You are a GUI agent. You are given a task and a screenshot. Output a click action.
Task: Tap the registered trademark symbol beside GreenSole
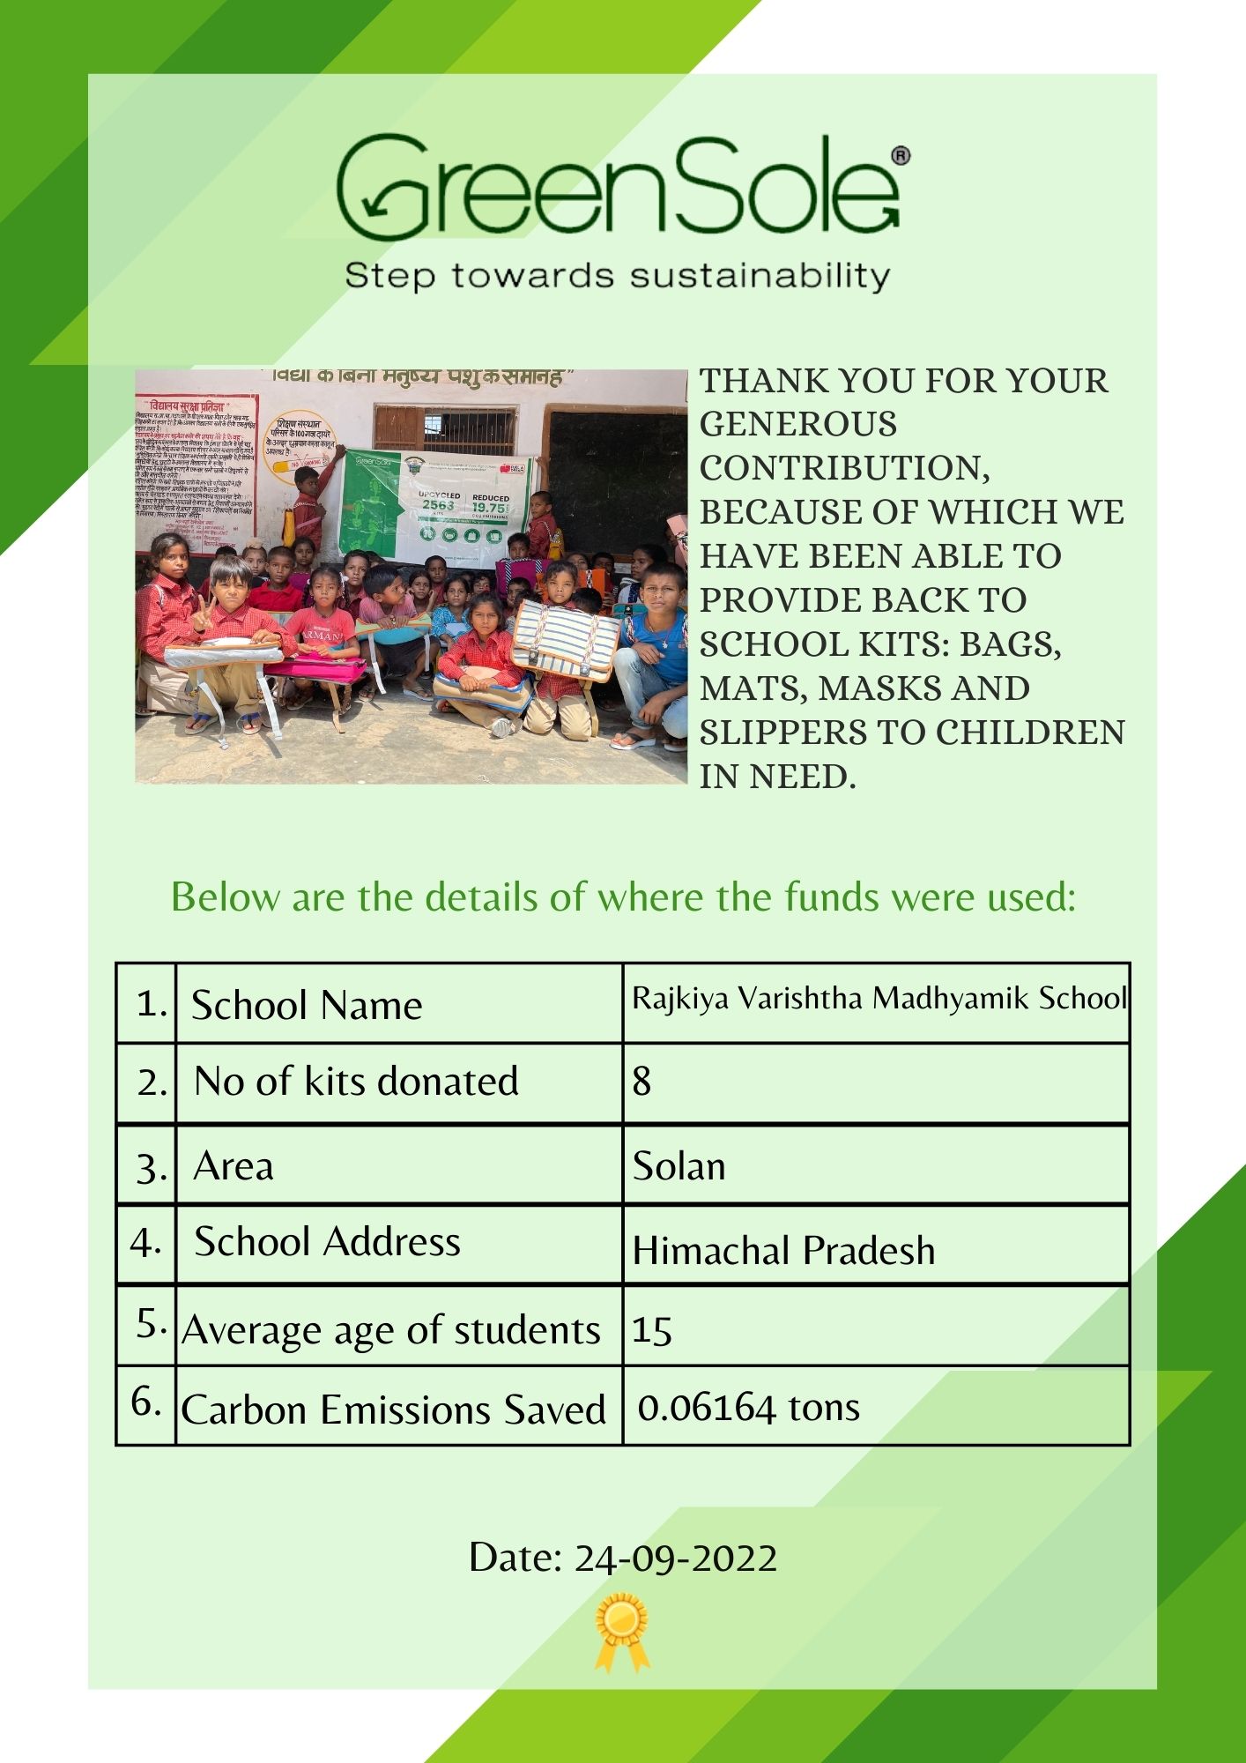[x=901, y=156]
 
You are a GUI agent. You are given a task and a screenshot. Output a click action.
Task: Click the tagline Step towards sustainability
[x=617, y=276]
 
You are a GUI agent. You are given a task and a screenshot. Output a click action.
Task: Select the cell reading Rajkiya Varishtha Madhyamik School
[x=879, y=999]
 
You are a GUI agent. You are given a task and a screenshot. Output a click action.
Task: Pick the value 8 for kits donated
[x=642, y=1082]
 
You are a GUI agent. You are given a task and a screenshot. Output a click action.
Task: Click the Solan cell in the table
[x=679, y=1166]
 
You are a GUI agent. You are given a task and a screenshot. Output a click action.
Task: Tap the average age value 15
[x=652, y=1330]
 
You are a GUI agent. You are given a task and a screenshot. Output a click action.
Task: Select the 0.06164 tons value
[x=748, y=1408]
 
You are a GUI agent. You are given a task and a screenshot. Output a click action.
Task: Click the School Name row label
[x=307, y=1006]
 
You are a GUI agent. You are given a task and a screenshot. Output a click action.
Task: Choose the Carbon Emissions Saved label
[x=393, y=1410]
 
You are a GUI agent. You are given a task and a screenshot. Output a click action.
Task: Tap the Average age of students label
[x=391, y=1330]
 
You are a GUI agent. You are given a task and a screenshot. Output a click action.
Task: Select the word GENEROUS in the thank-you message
[x=798, y=425]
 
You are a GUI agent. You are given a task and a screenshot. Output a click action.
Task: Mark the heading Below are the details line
[x=623, y=897]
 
